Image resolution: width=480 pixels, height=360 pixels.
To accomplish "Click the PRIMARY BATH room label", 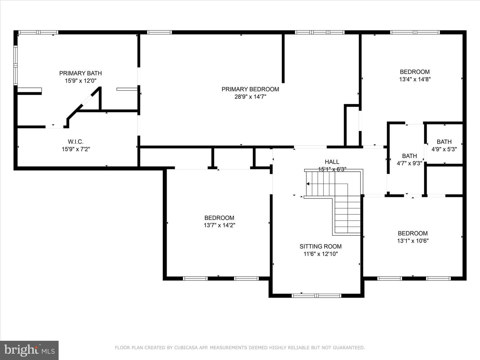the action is (80, 73).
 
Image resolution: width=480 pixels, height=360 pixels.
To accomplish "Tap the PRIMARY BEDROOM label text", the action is (250, 89).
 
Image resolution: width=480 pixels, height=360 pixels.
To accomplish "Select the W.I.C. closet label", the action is (76, 142).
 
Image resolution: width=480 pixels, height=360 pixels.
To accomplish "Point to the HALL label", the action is (332, 162).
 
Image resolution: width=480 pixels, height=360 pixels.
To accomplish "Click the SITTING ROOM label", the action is (321, 246).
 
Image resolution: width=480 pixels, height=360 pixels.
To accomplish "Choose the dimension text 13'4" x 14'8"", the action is (415, 79).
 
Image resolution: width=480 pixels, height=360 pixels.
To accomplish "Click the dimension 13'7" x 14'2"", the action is (219, 225).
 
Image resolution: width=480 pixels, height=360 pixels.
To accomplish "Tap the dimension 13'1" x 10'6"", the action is (413, 241).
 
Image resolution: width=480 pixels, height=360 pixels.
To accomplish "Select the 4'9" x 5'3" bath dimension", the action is (444, 149).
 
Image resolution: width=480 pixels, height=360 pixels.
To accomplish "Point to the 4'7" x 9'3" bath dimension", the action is (409, 163).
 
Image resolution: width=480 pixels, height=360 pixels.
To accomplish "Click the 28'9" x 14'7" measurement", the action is (250, 97).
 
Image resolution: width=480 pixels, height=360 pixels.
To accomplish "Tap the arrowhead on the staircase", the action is (308, 184).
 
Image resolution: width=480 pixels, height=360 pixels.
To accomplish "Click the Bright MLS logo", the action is (29, 350).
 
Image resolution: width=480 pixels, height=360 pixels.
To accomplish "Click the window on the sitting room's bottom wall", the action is (316, 296).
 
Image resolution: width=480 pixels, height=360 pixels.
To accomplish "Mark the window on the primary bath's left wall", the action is (16, 65).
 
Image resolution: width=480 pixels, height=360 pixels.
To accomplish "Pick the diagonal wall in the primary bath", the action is (84, 103).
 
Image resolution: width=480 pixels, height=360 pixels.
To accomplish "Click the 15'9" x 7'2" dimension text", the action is (76, 149).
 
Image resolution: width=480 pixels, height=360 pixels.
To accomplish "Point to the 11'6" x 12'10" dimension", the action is (321, 254).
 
